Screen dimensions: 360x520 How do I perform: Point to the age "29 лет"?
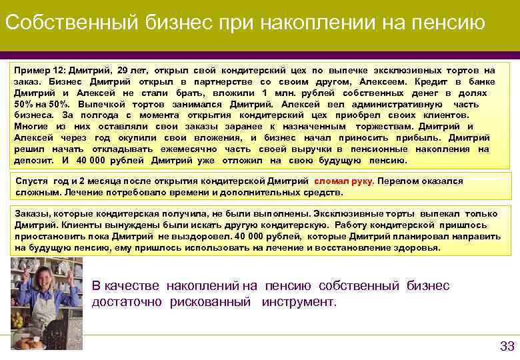pyautogui.click(x=132, y=70)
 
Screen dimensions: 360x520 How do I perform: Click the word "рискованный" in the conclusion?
pyautogui.click(x=211, y=302)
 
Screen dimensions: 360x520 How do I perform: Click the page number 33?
pyautogui.click(x=507, y=345)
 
